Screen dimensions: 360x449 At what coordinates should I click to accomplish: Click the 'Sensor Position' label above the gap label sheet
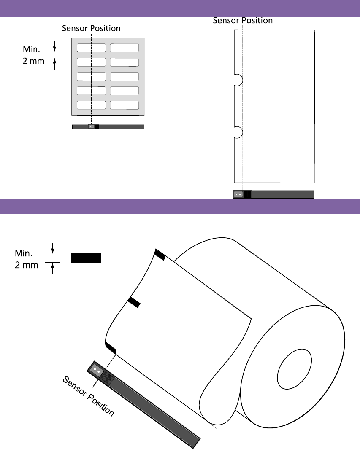(x=91, y=28)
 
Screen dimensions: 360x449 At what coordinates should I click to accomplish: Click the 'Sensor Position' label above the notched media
(x=243, y=20)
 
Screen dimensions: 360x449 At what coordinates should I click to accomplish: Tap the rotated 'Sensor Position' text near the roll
(x=88, y=397)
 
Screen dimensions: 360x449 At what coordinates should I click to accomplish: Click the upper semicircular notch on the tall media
(x=238, y=80)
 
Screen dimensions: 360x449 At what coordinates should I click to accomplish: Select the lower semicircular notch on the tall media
(x=238, y=132)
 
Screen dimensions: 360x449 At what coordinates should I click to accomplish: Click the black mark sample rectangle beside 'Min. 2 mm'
(x=86, y=258)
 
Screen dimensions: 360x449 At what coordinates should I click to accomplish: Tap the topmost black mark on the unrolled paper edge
(x=160, y=255)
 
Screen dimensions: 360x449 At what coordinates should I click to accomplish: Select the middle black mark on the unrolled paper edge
(x=134, y=302)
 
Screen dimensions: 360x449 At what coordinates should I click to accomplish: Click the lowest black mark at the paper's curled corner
(x=111, y=348)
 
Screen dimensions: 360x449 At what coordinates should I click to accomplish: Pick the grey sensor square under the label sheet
(x=91, y=126)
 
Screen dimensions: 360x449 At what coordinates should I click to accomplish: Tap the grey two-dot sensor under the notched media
(x=238, y=194)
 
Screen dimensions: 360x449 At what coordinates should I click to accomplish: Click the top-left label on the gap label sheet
(x=91, y=48)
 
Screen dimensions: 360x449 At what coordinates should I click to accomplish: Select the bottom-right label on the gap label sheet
(x=124, y=105)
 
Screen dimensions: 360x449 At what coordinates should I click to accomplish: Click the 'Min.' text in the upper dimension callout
(x=32, y=49)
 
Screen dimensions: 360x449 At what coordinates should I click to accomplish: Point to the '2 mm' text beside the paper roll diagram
(x=26, y=266)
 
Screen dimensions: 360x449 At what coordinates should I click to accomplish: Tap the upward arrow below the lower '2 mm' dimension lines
(x=52, y=269)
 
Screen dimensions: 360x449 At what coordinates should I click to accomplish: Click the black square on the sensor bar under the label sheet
(x=97, y=126)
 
